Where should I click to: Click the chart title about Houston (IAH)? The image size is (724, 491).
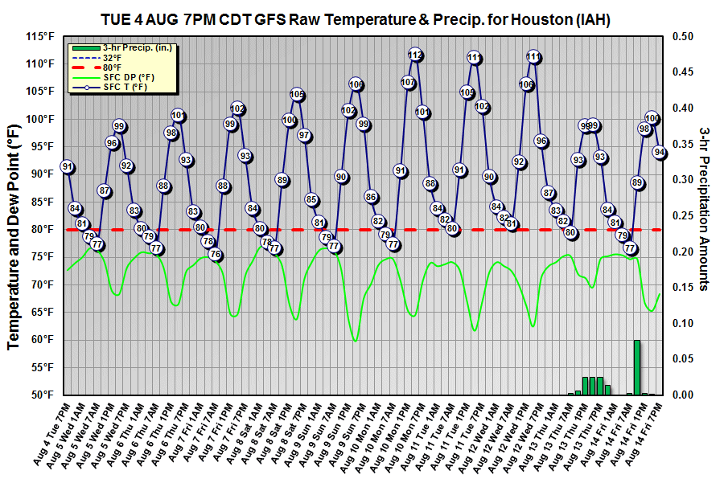(355, 20)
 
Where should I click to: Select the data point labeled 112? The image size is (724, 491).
(415, 55)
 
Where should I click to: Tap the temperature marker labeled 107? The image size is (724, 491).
(408, 82)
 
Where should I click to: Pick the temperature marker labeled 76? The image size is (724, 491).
(215, 255)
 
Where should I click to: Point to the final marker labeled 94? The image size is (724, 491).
(660, 152)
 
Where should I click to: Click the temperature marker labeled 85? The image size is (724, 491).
(311, 199)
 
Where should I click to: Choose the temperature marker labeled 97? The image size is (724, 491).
(304, 135)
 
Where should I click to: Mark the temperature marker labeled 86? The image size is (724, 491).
(371, 196)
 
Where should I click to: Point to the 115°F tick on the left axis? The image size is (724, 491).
(39, 37)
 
